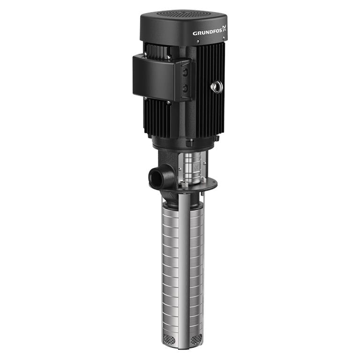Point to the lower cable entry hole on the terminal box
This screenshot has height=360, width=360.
pos(185,88)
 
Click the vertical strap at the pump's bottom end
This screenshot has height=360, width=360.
pos(184,335)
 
